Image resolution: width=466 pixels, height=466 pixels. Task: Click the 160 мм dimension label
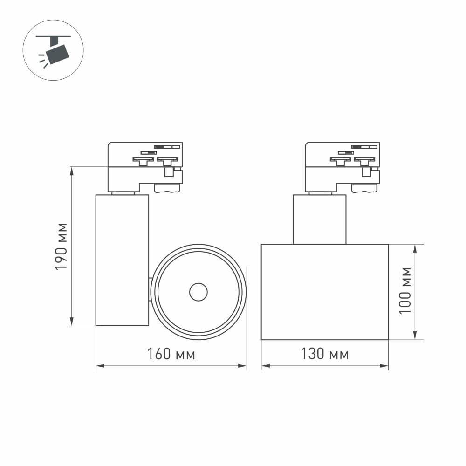coord(171,355)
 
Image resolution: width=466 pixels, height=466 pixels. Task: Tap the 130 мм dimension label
coord(325,355)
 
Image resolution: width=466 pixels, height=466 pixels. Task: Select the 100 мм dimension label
coord(406,290)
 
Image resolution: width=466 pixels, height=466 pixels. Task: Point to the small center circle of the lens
coord(199,292)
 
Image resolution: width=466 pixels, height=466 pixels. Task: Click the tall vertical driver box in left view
coord(122,260)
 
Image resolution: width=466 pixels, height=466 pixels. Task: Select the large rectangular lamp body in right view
coord(325,292)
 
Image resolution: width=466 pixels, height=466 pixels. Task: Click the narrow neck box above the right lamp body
coord(320,219)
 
